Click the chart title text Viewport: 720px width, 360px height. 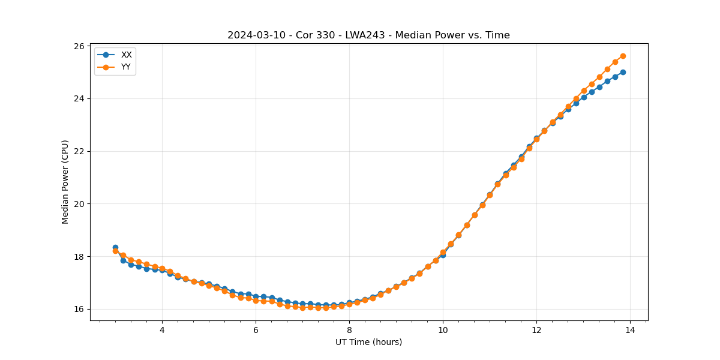click(x=368, y=35)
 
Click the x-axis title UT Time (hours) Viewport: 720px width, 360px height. click(x=368, y=342)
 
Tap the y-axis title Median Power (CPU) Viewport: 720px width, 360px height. click(x=65, y=182)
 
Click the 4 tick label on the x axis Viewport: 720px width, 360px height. click(x=162, y=330)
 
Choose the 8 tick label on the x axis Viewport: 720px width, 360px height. click(x=349, y=330)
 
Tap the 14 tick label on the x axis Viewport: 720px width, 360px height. click(x=630, y=330)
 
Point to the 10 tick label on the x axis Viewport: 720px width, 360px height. click(x=443, y=330)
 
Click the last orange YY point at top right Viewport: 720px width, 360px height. click(x=623, y=56)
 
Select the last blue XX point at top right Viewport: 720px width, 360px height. click(x=623, y=72)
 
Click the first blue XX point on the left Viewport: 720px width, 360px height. click(x=115, y=247)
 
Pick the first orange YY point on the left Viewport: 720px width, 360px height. click(x=115, y=251)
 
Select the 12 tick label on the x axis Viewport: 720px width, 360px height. click(x=536, y=330)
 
